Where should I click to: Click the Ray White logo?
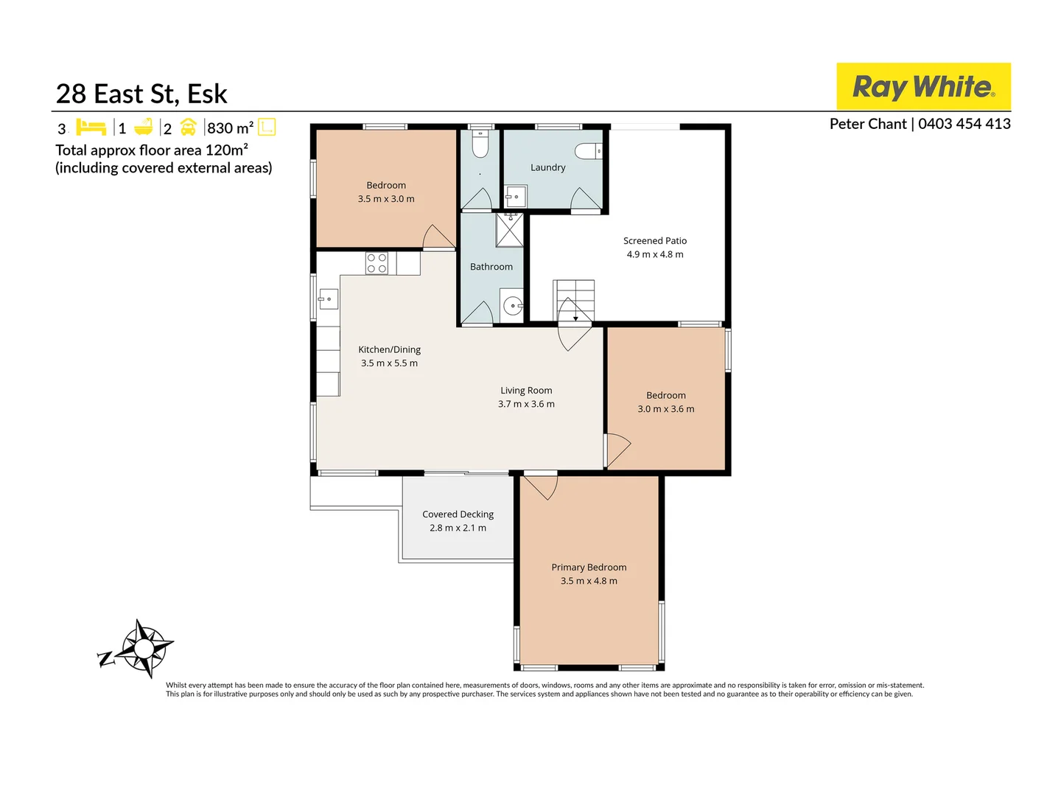coord(923,86)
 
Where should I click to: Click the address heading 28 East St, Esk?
coord(141,94)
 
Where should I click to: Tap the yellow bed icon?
coord(91,128)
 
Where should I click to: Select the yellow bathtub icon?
coord(144,128)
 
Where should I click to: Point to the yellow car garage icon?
coord(189,128)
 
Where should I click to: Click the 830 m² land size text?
coord(230,128)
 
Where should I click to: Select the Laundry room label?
coord(547,167)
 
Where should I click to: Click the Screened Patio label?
coord(654,241)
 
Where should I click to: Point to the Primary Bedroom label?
coord(589,568)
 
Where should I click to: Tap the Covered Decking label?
coord(458,514)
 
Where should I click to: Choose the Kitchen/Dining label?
coord(389,350)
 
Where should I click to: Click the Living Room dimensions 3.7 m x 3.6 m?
coord(526,404)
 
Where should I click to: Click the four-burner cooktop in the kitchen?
coord(377,263)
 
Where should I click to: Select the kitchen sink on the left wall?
coord(328,299)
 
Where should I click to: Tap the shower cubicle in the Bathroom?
coord(509,230)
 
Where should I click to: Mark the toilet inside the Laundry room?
coord(589,151)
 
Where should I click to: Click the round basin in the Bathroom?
coord(512,305)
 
